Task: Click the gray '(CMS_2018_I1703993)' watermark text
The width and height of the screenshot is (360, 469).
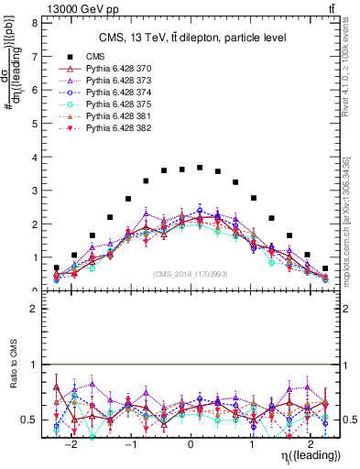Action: click(191, 273)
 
